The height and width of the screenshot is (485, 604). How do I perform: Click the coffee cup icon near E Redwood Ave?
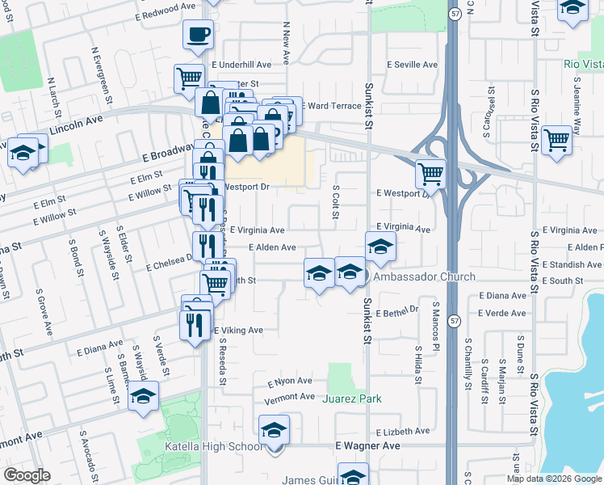(199, 35)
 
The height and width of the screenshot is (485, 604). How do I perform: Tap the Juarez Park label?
(352, 399)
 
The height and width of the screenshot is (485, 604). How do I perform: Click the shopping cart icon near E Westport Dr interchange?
(430, 172)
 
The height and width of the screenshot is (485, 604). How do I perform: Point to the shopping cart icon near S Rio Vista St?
(557, 139)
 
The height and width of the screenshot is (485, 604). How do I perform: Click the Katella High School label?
(213, 447)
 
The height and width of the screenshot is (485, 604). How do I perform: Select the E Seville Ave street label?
(412, 65)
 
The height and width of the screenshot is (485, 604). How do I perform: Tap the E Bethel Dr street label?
(400, 310)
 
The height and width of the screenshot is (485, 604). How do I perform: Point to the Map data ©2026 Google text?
(555, 479)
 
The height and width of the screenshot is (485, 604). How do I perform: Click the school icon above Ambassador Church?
(380, 247)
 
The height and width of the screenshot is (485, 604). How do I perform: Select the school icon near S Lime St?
(144, 397)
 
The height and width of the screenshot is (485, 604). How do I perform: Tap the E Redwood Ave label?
(166, 6)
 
